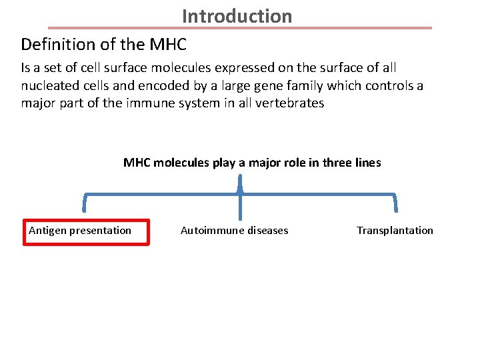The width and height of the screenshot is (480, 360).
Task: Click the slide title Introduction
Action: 237,15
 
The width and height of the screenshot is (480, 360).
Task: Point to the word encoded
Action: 148,86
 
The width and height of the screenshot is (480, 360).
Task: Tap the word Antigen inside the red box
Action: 47,231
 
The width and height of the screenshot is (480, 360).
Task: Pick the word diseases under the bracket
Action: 266,231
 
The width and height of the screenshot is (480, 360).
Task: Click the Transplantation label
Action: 395,231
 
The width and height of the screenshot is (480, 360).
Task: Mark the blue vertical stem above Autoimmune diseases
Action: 239,207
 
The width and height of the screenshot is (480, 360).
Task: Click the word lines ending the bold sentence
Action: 369,163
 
